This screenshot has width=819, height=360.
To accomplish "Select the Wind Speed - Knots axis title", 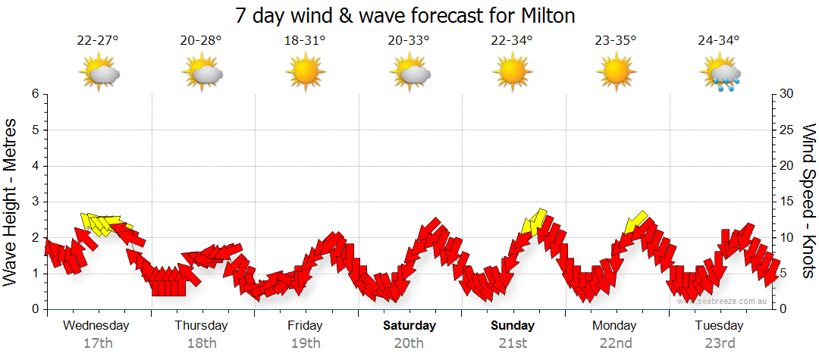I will (x=808, y=202).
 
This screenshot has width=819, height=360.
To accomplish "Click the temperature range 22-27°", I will (x=98, y=41).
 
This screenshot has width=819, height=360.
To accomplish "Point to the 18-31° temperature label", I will (x=305, y=41).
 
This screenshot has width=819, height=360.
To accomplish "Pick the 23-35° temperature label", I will (x=615, y=41).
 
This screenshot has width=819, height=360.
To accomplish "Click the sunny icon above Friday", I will (x=305, y=73).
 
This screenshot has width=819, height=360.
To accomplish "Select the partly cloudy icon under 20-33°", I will (x=409, y=73).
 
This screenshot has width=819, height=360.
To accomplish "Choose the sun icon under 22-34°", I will (x=512, y=73).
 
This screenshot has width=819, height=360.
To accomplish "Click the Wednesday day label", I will (x=96, y=326).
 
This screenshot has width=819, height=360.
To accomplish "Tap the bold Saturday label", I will (x=409, y=326).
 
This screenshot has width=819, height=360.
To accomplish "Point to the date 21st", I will (x=512, y=343).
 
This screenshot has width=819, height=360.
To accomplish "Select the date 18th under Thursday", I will (x=201, y=343).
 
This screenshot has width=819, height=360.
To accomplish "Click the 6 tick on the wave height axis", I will (x=34, y=94).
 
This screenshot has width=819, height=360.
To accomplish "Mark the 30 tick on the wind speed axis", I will (x=788, y=94).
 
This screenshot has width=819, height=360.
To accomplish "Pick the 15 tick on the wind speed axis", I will (x=788, y=202).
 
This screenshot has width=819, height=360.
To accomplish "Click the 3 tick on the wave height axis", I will (x=34, y=202).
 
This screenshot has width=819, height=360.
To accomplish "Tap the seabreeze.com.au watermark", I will (x=724, y=301).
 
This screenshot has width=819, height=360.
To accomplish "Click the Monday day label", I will (x=615, y=326).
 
